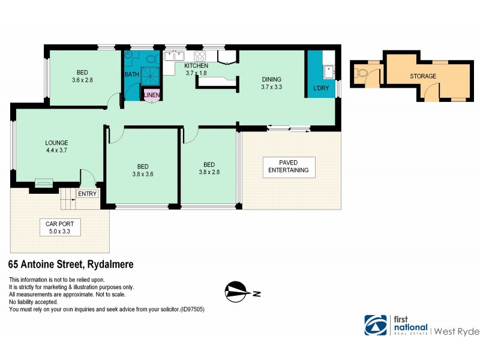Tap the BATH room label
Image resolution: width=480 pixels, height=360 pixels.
pos(131,74)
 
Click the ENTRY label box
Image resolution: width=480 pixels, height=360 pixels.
pos(87,193)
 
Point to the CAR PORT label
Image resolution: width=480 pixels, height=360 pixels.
pos(59,223)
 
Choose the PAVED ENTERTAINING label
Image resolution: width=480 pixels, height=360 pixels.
pos(289,166)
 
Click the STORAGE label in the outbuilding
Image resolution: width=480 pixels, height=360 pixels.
pos(423,76)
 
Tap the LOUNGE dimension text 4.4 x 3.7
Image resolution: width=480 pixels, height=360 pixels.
pos(56,151)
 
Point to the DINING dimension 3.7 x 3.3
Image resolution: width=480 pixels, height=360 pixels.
pos(272,87)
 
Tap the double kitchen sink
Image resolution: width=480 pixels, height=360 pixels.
pos(175,57)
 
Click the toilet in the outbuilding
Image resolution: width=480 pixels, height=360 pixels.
pos(362,74)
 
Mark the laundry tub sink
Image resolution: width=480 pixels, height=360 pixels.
pos(328,73)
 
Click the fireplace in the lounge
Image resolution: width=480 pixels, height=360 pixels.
pos(43,183)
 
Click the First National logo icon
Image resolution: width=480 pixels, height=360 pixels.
pos(376,325)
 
